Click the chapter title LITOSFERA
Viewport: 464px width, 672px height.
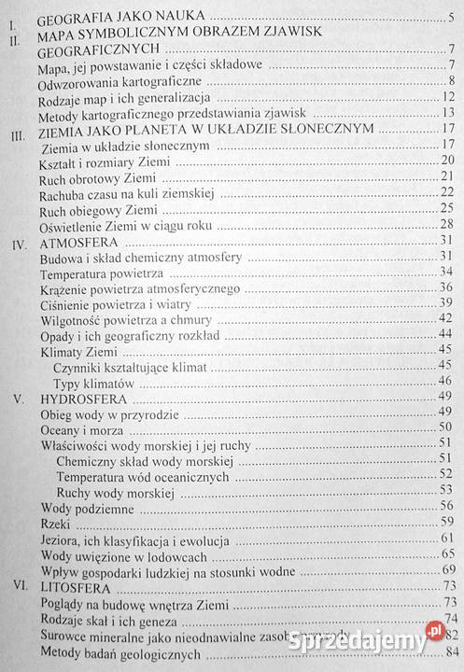[73, 590]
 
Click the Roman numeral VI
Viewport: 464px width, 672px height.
[17, 590]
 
